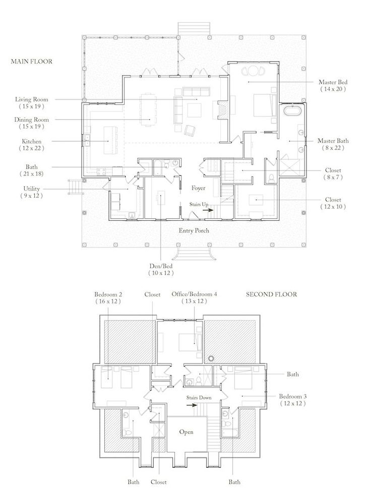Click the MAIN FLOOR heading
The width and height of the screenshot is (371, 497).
(32, 61)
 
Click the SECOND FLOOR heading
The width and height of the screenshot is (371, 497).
(271, 294)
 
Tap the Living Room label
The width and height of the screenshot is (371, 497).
(32, 100)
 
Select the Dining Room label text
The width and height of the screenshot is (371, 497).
(31, 120)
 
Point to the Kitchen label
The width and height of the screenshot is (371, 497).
(31, 142)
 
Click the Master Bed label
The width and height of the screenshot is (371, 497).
(333, 82)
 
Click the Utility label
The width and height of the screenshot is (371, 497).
(31, 189)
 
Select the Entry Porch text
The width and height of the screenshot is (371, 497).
(194, 230)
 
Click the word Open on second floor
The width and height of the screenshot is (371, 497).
(187, 432)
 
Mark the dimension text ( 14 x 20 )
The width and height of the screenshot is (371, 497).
(333, 89)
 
